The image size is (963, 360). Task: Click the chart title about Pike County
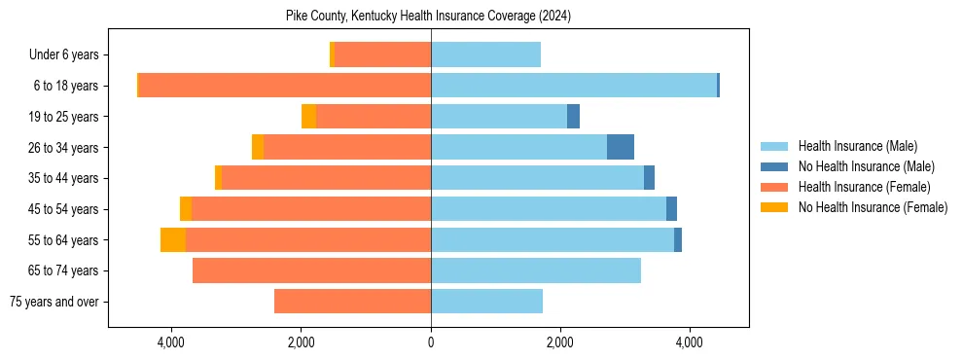[x=428, y=17]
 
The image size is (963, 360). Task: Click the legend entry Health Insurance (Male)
[x=857, y=146]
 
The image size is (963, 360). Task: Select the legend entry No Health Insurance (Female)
[x=873, y=207]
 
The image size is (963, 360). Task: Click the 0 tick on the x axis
[x=431, y=342]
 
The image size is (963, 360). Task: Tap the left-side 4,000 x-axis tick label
[x=171, y=342]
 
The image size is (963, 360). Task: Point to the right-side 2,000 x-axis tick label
[x=560, y=342]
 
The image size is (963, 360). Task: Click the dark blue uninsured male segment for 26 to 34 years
[x=621, y=147]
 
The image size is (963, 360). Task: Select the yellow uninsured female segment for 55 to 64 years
[x=173, y=239]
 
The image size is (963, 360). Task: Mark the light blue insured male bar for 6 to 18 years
[x=574, y=86]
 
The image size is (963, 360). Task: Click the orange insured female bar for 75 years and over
[x=352, y=302]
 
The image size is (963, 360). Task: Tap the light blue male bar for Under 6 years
[x=485, y=54]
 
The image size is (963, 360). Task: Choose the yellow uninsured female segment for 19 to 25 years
[x=308, y=117]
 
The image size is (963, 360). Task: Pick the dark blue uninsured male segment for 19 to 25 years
[x=573, y=117]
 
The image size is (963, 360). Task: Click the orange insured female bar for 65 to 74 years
[x=311, y=270]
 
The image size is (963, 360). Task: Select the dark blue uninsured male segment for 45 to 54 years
[x=671, y=209]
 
